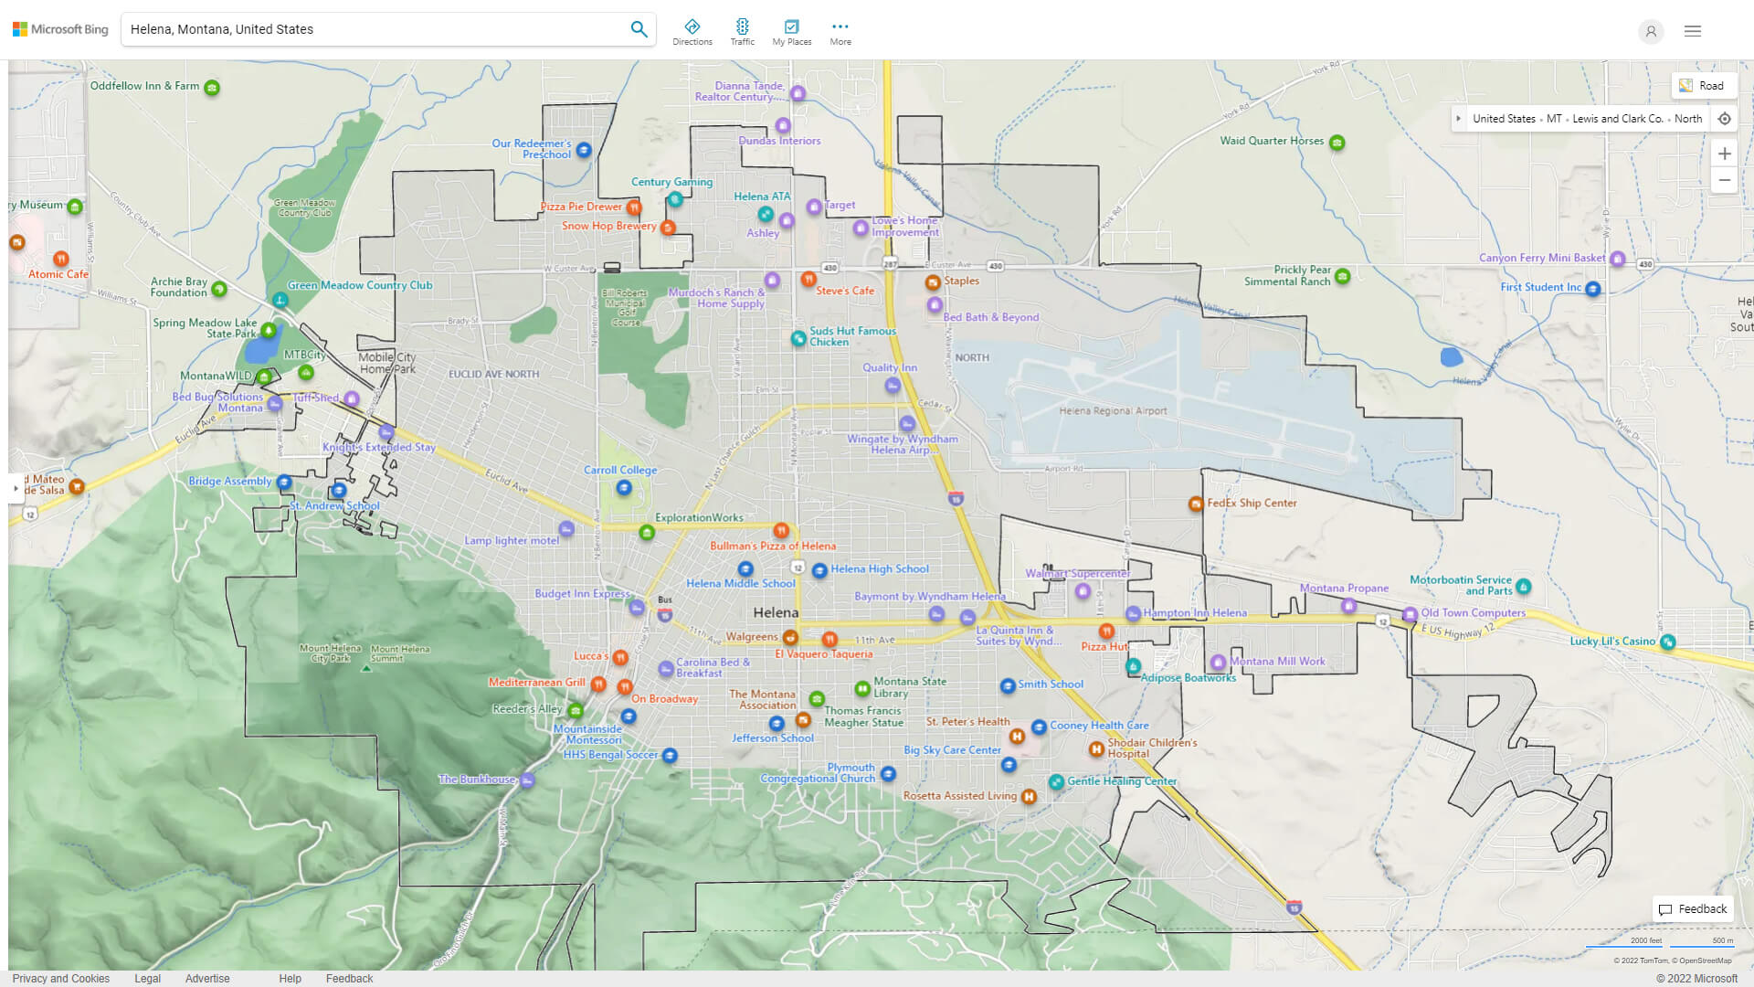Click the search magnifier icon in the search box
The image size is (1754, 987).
tap(639, 29)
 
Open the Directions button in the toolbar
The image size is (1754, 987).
tap(692, 31)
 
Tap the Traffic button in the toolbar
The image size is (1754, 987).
tap(742, 31)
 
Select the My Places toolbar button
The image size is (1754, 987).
tap(791, 31)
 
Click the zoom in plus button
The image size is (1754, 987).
tap(1724, 154)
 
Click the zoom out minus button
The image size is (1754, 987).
tap(1724, 180)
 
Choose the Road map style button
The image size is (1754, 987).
tap(1703, 86)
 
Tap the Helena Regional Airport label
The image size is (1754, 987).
tap(1113, 411)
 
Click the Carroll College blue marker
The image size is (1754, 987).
tap(624, 488)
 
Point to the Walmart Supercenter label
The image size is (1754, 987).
tap(1077, 574)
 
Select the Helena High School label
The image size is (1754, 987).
tap(879, 568)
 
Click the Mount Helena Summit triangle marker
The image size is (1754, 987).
tap(366, 668)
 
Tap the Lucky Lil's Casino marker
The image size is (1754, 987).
tap(1667, 642)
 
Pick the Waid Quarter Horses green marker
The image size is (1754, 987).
tap(1337, 143)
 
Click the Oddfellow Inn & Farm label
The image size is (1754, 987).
tap(144, 86)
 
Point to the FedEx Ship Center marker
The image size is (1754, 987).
tap(1195, 504)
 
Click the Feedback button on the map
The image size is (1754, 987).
tap(1693, 909)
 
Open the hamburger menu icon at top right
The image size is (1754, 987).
tap(1692, 31)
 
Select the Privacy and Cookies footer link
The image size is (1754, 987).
tap(61, 979)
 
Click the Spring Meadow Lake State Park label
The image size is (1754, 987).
tap(205, 328)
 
